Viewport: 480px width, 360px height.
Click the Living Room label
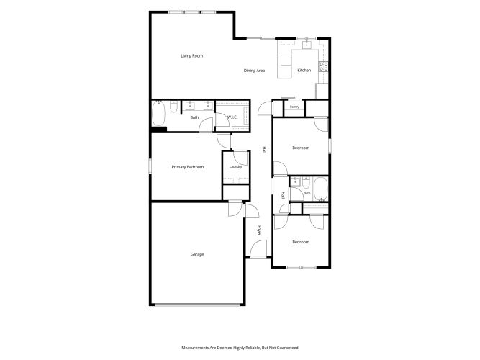(192, 55)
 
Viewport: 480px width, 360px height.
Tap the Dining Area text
(254, 71)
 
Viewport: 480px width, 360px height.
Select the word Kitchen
(304, 70)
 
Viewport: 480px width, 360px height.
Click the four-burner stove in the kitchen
(324, 67)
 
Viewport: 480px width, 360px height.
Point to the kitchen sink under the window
(307, 45)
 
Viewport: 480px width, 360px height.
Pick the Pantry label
(294, 107)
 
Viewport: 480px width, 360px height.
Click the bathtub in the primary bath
(158, 113)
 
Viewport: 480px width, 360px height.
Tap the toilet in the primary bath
(173, 107)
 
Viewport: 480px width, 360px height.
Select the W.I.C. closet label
(232, 117)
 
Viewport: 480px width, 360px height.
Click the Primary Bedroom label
(188, 167)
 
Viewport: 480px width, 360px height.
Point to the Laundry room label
(236, 166)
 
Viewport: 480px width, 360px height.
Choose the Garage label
(197, 254)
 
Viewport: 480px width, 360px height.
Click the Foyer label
(259, 230)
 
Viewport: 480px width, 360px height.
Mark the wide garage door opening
(197, 305)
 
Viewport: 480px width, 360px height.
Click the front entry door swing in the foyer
(259, 248)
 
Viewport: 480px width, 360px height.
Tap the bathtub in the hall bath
(320, 189)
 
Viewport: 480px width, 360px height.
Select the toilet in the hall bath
(306, 182)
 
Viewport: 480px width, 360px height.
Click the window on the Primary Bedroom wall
(150, 166)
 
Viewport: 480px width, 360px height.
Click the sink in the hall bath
(295, 181)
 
